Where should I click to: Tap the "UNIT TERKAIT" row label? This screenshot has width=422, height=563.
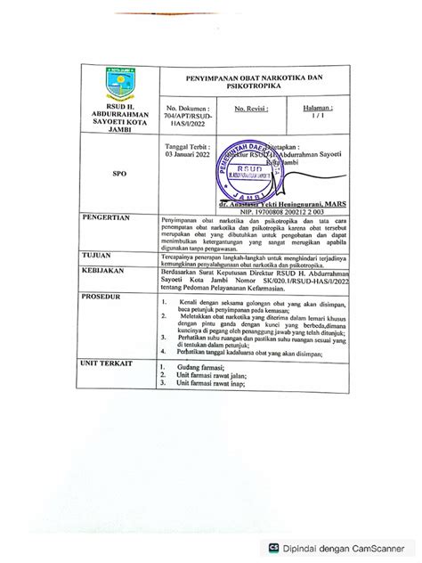108,364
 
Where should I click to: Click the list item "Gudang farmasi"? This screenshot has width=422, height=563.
201,367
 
